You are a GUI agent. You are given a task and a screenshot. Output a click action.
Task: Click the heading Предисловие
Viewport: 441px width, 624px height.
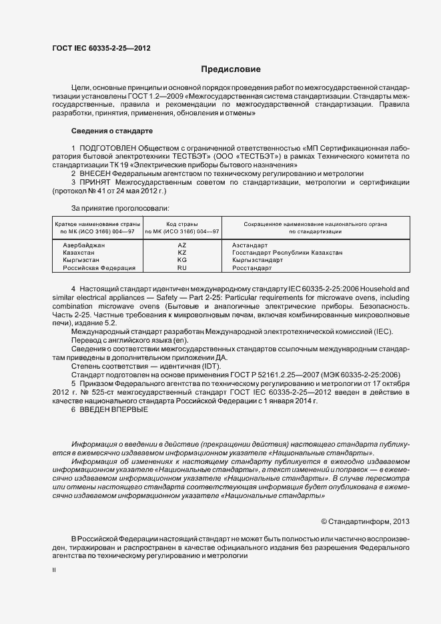pyautogui.click(x=231, y=69)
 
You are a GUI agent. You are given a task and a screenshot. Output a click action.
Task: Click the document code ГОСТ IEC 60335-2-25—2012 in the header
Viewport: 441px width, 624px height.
pyautogui.click(x=101, y=48)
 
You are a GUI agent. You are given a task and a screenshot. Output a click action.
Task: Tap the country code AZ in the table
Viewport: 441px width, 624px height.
pyautogui.click(x=181, y=245)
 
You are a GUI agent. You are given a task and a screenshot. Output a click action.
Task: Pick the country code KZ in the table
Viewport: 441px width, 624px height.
pyautogui.click(x=181, y=253)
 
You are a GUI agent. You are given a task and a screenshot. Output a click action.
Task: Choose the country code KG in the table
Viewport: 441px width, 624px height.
pyautogui.click(x=181, y=260)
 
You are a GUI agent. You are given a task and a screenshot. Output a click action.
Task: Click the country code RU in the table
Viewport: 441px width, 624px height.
pyautogui.click(x=181, y=267)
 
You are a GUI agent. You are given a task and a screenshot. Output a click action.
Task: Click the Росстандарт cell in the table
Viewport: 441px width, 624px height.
pyautogui.click(x=252, y=267)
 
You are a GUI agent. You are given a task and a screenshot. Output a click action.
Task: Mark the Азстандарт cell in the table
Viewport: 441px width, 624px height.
pyautogui.click(x=250, y=245)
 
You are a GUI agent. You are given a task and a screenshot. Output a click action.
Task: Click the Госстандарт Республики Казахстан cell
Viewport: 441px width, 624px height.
pyautogui.click(x=287, y=253)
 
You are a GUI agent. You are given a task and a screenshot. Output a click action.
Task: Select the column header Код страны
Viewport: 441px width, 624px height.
pyautogui.click(x=181, y=223)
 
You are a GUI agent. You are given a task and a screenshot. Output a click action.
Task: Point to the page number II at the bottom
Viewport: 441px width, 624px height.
pyautogui.click(x=54, y=571)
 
